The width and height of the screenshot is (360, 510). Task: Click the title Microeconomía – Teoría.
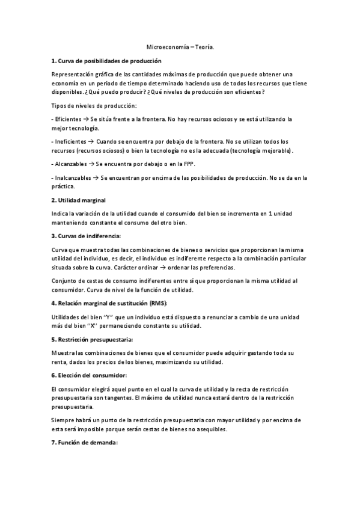point(180,46)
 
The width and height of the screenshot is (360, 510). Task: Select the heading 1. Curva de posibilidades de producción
point(106,61)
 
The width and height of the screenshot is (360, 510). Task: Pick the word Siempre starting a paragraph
point(65,419)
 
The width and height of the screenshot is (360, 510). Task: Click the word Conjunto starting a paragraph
point(67,281)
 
